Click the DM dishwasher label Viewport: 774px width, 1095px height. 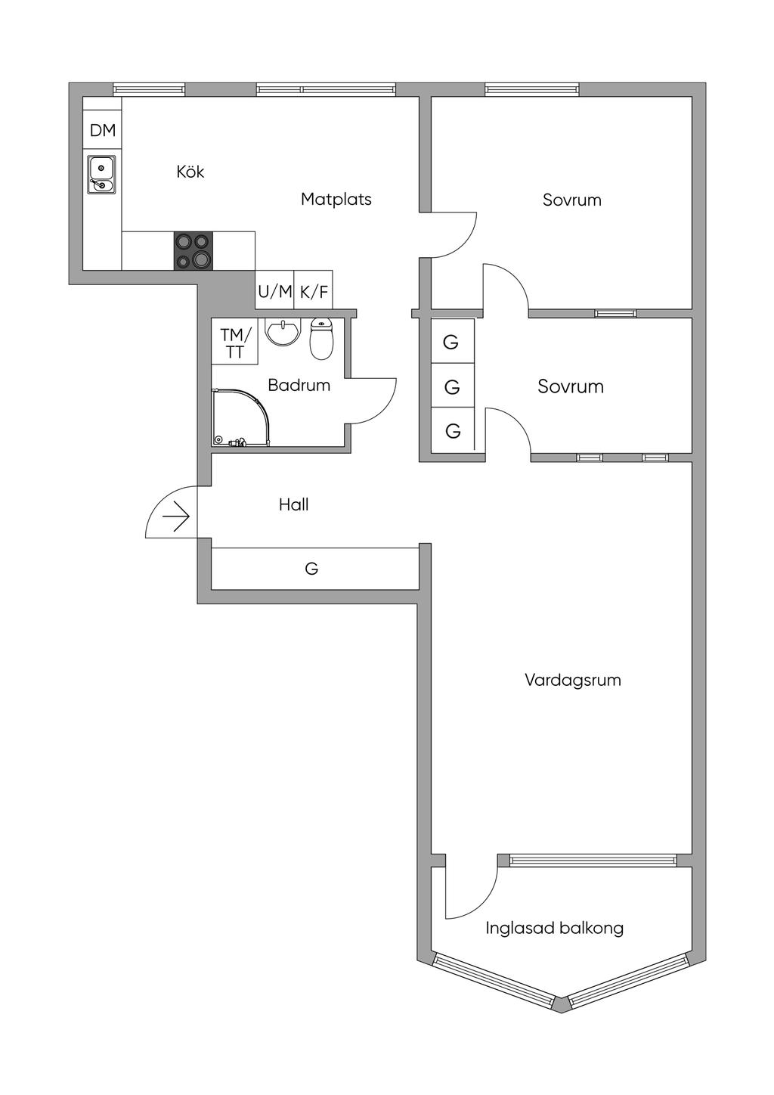pos(103,130)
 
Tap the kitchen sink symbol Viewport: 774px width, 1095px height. pos(101,175)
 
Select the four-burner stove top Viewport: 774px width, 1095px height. pos(193,251)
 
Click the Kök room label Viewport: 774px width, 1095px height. pos(190,172)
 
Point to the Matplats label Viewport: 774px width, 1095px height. pos(336,200)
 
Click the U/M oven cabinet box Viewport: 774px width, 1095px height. pos(275,290)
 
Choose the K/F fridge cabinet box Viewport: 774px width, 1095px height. pos(314,290)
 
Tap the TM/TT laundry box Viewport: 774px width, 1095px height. pos(235,343)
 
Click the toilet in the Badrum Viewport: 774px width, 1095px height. pos(321,339)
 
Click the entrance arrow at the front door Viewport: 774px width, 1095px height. pos(176,517)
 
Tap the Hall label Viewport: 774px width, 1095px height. pos(293,504)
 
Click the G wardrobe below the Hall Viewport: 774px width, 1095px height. pos(312,568)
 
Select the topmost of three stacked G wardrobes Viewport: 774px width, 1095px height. pos(451,342)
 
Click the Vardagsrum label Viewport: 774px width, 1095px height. pos(572,680)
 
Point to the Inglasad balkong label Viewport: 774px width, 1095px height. pos(554,928)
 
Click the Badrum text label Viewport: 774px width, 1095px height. pos(299,385)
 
